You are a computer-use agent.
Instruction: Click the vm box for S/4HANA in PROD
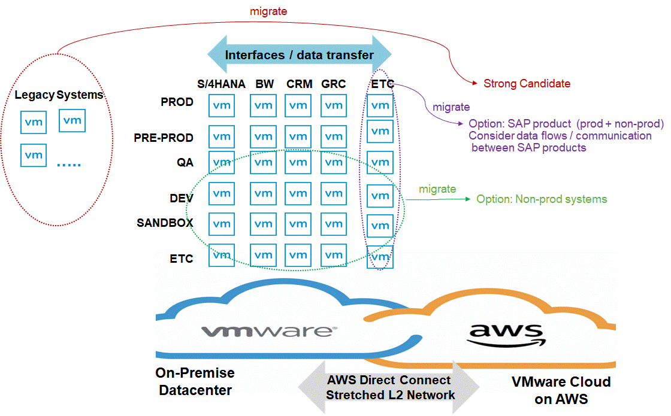[x=222, y=105]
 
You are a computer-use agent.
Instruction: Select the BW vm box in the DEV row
[x=264, y=193]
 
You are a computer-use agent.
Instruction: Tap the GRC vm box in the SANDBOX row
[x=334, y=224]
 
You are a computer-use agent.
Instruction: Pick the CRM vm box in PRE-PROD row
[x=297, y=136]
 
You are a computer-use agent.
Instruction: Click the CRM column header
[x=299, y=84]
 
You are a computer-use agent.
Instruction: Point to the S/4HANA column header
[x=221, y=84]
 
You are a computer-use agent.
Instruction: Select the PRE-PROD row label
[x=164, y=138]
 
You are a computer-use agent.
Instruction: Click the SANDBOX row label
[x=165, y=223]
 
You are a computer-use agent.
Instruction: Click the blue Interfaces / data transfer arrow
[x=299, y=55]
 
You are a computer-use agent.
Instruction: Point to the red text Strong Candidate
[x=527, y=84]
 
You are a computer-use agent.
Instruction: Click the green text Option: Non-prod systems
[x=542, y=199]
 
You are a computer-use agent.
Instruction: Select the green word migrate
[x=437, y=189]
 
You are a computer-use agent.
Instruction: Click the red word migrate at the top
[x=268, y=11]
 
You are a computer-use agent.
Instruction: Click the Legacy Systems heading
[x=59, y=95]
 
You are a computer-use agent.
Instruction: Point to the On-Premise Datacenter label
[x=195, y=381]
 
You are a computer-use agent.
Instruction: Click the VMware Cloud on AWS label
[x=561, y=390]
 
